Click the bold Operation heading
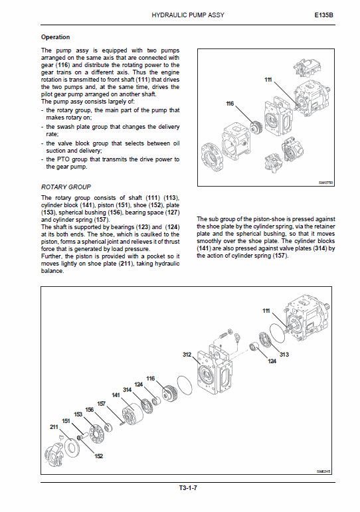click(x=55, y=37)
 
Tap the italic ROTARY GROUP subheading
click(x=66, y=187)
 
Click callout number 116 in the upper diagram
click(x=230, y=104)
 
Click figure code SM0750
click(x=325, y=182)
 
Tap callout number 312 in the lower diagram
click(x=187, y=355)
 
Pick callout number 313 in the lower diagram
click(x=284, y=354)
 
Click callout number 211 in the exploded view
click(x=54, y=426)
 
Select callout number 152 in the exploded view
click(x=99, y=456)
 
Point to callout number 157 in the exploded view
click(x=102, y=403)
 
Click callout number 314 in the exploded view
click(x=127, y=389)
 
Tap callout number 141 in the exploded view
click(x=115, y=395)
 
